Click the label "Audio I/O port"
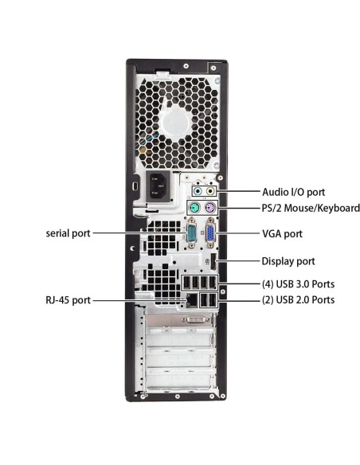[x=293, y=192]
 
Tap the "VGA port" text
[x=282, y=234]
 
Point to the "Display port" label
[x=288, y=260]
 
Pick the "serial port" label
[x=68, y=233]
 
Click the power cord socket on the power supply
[x=155, y=187]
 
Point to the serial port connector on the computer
[x=191, y=234]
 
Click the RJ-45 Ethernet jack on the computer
[x=192, y=300]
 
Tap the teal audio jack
[x=198, y=192]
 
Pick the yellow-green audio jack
[x=210, y=192]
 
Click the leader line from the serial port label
[x=135, y=233]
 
